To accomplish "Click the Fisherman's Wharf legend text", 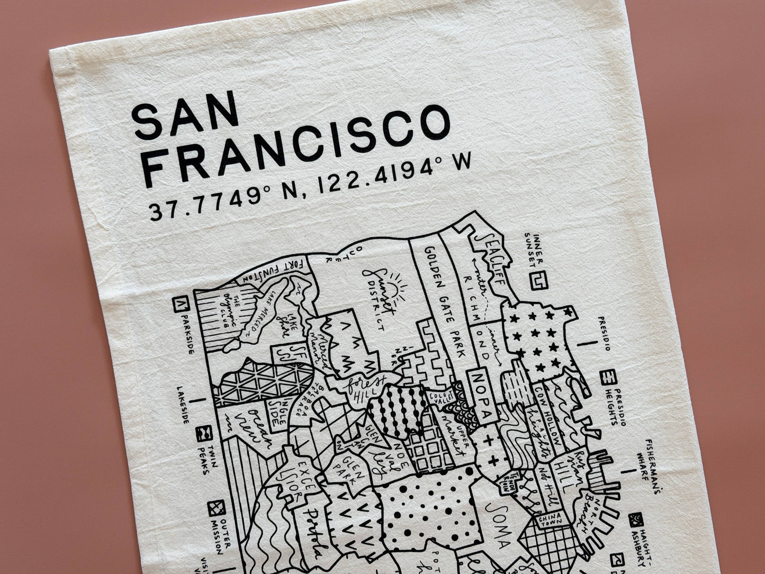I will (653, 465).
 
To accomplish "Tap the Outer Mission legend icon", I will (216, 509).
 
